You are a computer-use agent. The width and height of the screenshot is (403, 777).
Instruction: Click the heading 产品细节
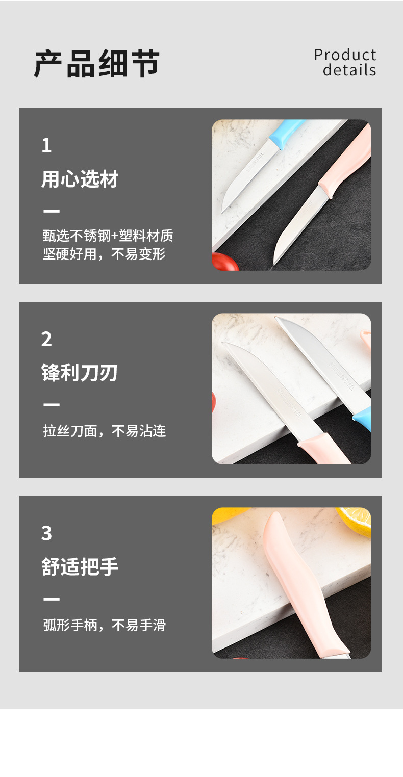click(x=97, y=64)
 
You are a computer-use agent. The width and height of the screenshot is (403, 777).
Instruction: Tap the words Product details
click(x=345, y=62)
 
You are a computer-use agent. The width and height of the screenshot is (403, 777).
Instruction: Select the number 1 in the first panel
click(x=46, y=146)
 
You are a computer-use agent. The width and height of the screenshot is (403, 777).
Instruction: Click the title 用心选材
click(x=80, y=179)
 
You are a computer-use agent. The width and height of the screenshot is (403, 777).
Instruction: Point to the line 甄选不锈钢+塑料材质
click(x=108, y=236)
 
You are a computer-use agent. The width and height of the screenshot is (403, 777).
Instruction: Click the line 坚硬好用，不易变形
click(x=104, y=254)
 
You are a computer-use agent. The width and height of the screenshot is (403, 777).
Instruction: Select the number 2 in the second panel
click(x=46, y=340)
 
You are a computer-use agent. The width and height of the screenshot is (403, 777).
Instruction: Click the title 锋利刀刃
click(x=80, y=373)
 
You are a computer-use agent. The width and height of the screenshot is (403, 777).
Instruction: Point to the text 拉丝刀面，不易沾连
click(x=105, y=431)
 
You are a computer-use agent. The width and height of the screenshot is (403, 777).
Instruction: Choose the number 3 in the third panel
click(x=46, y=533)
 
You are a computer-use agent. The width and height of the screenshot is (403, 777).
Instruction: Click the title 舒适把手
click(x=80, y=567)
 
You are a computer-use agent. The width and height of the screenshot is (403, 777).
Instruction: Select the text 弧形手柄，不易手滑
click(x=105, y=625)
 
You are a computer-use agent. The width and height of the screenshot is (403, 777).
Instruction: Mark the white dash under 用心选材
click(x=52, y=211)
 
